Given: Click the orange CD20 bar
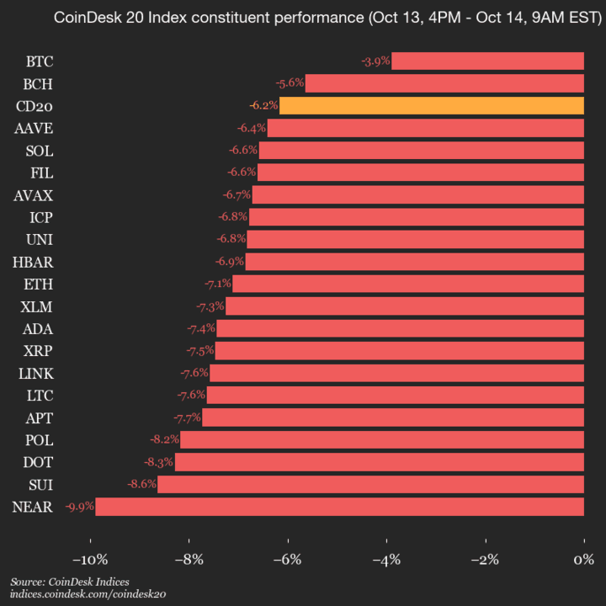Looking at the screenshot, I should coord(431,106).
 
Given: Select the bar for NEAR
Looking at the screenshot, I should coord(339,507).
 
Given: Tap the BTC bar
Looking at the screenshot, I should coord(487,61).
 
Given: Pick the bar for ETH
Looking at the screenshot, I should coord(407,284).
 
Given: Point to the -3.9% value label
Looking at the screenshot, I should coord(375,61).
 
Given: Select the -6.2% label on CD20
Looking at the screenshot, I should coord(263,106).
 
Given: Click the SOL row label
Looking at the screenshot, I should coord(40,151).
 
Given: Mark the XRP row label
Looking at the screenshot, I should coord(39,351).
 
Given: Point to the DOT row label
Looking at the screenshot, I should coord(39,462).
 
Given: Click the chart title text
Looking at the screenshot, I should coord(303,18).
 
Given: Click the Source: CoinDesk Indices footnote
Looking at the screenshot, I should coord(70,582).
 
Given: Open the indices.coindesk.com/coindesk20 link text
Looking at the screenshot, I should coord(88,594).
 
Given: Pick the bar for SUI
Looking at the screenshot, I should coord(370,484).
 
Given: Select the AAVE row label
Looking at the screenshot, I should coord(34,128).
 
